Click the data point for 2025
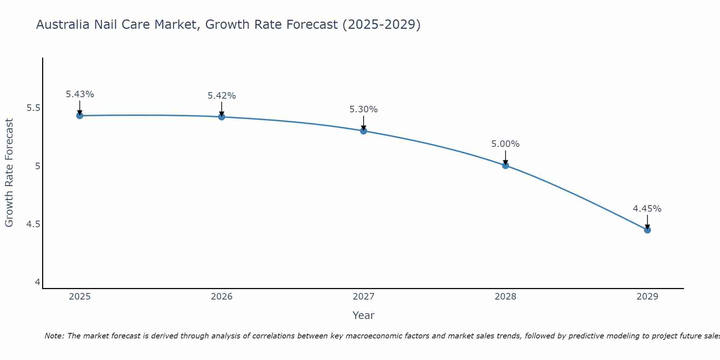80,116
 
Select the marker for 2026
221,117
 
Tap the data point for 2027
364,131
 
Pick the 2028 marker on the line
505,166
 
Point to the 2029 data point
647,230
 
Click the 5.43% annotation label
80,94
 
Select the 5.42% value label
221,96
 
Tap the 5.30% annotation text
364,109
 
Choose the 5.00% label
505,144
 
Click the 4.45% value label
647,209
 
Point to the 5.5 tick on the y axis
33,108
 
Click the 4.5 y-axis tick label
33,224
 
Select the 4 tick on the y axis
37,282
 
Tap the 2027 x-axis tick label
364,297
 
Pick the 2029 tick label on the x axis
647,297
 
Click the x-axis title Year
364,315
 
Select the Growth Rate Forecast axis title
9,173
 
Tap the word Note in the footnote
54,336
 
